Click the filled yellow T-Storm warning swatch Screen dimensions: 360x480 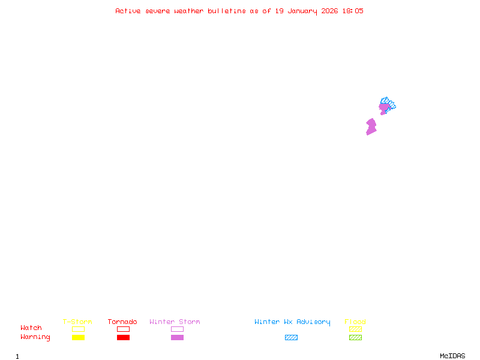pos(78,337)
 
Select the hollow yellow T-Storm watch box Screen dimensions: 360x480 pos(78,329)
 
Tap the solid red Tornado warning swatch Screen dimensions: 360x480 pos(123,337)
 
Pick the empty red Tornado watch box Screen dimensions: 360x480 pos(123,329)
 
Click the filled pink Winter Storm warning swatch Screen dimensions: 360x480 pos(177,337)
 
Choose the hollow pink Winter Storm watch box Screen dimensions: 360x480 pos(177,329)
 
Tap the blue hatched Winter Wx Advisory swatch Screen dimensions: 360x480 pos(291,337)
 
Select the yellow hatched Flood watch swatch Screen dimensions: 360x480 pos(355,329)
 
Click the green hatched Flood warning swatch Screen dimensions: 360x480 pos(355,337)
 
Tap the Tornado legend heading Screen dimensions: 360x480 pos(122,322)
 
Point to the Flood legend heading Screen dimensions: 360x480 pos(355,322)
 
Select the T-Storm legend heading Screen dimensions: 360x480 pos(77,322)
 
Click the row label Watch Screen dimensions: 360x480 pos(31,328)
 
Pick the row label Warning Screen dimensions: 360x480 pos(35,337)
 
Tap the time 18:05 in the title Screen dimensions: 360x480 pos(353,11)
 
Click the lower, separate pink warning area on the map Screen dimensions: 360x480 pos(371,127)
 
